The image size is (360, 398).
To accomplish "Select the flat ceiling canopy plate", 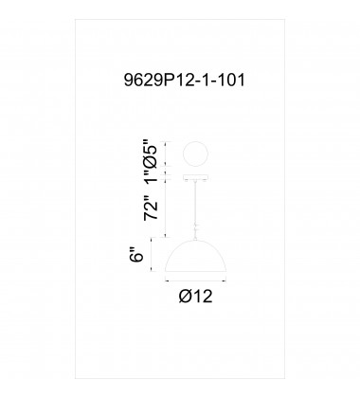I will click(x=197, y=174).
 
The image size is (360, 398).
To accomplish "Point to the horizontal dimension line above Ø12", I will click(x=197, y=281).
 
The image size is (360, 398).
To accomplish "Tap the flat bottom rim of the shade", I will click(x=197, y=270).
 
